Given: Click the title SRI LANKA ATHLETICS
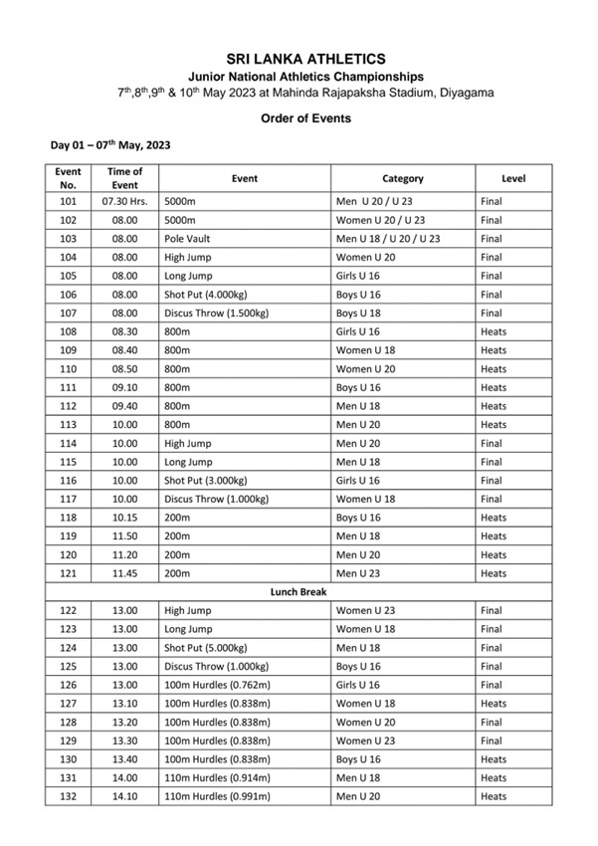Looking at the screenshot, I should (299, 60).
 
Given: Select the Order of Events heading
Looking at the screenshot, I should (299, 118).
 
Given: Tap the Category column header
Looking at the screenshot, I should (403, 178).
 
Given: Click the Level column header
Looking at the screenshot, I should (513, 178).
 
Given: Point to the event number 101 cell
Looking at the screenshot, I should (68, 201).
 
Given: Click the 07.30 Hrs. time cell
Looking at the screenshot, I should (124, 201).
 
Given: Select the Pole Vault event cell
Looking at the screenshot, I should (188, 239).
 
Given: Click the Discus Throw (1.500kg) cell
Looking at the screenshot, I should (217, 314).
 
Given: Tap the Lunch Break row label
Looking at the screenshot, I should (299, 592).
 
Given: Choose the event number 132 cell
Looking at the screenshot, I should (68, 796).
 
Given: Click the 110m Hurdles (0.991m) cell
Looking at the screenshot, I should (217, 796).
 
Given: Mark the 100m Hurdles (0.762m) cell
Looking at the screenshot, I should (217, 685).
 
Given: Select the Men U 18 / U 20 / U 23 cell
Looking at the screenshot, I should (388, 239).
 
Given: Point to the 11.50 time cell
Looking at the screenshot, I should (124, 536).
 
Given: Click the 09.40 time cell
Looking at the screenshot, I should (124, 406).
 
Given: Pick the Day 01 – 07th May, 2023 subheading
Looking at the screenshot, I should (110, 145).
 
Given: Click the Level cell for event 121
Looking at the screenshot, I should (494, 573).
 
